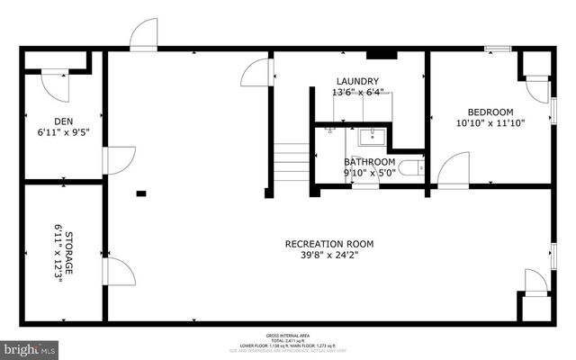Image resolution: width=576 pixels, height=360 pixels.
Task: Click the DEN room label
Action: pyautogui.click(x=63, y=121)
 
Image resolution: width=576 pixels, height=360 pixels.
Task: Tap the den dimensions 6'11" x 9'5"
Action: pyautogui.click(x=63, y=132)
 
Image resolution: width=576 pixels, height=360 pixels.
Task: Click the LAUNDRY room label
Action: pyautogui.click(x=357, y=81)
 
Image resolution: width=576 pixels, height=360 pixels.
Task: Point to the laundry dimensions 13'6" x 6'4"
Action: pyautogui.click(x=357, y=92)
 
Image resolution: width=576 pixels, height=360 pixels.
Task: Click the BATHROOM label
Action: pyautogui.click(x=369, y=163)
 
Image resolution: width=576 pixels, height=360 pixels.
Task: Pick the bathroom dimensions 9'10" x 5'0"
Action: pyautogui.click(x=369, y=173)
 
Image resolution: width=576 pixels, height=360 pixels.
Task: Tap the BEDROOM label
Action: pyautogui.click(x=490, y=112)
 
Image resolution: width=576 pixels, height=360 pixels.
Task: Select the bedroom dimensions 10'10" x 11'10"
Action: pyautogui.click(x=490, y=123)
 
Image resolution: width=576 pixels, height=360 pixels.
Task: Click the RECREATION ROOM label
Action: pyautogui.click(x=328, y=244)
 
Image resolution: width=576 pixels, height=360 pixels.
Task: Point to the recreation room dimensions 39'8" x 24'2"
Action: pyautogui.click(x=328, y=256)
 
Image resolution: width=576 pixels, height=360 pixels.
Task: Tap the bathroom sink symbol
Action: pyautogui.click(x=370, y=137)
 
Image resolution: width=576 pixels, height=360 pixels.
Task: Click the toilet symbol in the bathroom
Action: pyautogui.click(x=412, y=166)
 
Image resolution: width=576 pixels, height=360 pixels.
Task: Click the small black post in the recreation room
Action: pyautogui.click(x=141, y=193)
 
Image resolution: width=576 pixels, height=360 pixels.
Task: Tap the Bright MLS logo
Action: pyautogui.click(x=30, y=347)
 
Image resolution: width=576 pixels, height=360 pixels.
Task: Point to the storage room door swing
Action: pyautogui.click(x=120, y=271)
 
